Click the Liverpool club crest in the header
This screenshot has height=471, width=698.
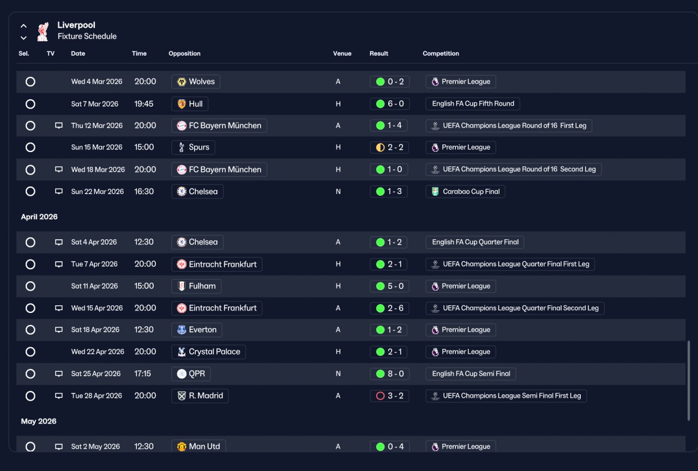tap(43, 32)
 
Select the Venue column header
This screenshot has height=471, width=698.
tap(342, 53)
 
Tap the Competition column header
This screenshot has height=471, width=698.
tap(441, 53)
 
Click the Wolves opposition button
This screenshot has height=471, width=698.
tap(196, 82)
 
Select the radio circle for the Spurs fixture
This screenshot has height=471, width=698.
tap(30, 147)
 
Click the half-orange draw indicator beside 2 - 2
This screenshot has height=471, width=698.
tap(380, 147)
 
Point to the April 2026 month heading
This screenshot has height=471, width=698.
tap(39, 217)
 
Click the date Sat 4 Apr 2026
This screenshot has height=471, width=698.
tap(94, 242)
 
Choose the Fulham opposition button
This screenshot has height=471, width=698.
tap(196, 286)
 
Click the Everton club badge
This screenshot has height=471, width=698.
tap(182, 330)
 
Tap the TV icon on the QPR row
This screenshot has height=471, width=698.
tap(58, 373)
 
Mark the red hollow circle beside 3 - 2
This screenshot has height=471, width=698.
tap(380, 396)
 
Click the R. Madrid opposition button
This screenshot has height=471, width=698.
tap(200, 396)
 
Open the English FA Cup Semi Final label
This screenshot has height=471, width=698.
tap(471, 374)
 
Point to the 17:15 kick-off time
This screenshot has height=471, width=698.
tap(142, 374)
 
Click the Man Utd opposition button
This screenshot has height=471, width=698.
tap(198, 446)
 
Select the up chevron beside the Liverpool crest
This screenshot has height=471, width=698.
tap(23, 26)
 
